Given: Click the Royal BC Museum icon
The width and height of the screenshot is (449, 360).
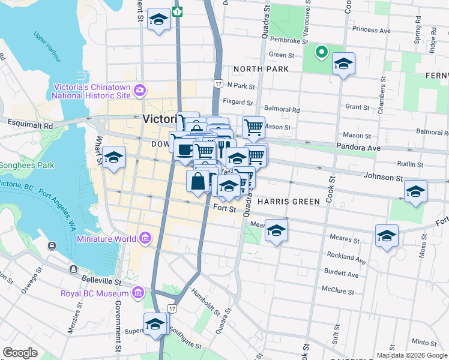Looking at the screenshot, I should coord(138,293).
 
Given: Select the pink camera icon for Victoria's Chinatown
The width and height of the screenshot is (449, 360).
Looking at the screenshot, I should coord(140,90).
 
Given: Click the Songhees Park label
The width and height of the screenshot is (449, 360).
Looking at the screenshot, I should coord(26,165).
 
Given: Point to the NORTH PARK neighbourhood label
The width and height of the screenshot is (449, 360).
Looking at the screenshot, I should coord(261,70).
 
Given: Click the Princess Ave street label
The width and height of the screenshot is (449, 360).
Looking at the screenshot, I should coord(372,29).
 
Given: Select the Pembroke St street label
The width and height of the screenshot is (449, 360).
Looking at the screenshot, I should coord(289,42).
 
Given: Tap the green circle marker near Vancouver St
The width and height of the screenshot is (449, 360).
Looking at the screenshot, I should coord(322,52).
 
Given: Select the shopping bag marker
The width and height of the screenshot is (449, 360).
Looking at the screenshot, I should coord(198,181).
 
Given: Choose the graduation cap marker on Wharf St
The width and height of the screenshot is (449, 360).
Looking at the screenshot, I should coord(113,158).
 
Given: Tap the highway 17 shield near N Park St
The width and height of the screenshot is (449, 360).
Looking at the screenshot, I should coord(217,83).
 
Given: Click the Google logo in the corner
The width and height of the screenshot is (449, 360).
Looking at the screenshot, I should coord(21,353).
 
